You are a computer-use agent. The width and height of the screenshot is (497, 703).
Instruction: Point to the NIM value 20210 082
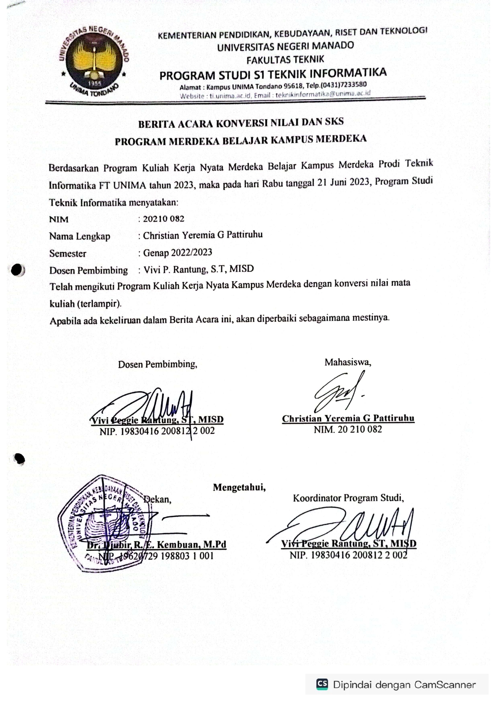pyautogui.click(x=164, y=219)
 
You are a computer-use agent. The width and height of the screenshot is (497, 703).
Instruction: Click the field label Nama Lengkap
pyautogui.click(x=79, y=236)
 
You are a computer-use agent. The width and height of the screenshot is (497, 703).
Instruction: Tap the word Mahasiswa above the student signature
pyautogui.click(x=347, y=362)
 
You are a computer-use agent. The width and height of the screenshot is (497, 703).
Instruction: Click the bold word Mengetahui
pyautogui.click(x=239, y=487)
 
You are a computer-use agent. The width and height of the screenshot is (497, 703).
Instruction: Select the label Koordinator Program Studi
pyautogui.click(x=348, y=498)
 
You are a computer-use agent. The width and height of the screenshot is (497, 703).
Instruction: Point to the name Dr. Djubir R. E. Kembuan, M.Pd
pyautogui.click(x=157, y=545)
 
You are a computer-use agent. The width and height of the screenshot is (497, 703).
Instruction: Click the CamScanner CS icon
pyautogui.click(x=322, y=684)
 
